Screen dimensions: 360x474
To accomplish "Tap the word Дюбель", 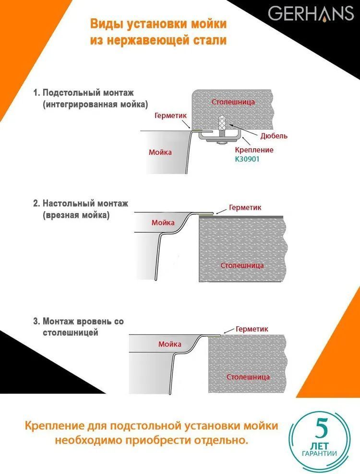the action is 274,136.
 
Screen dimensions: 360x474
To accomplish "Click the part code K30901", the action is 247,159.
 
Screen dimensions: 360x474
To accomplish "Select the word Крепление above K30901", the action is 254,150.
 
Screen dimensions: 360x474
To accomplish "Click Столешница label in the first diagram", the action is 233,102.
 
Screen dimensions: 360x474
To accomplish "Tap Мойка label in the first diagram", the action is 160,152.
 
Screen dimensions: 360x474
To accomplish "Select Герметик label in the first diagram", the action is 170,116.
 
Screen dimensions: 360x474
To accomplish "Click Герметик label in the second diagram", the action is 245,207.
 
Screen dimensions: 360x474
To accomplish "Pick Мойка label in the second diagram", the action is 163,223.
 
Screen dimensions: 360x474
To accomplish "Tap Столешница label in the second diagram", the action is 242,265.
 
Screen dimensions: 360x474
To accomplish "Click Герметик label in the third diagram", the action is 252,329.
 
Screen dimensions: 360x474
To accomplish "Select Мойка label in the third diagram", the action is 170,344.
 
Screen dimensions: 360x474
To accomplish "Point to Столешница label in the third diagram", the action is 248,377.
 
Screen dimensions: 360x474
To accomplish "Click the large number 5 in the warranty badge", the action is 321,428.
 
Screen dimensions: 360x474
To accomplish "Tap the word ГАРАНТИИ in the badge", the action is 320,453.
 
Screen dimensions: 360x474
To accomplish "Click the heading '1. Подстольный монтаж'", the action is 84,93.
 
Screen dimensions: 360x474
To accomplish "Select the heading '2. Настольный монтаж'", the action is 81,203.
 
